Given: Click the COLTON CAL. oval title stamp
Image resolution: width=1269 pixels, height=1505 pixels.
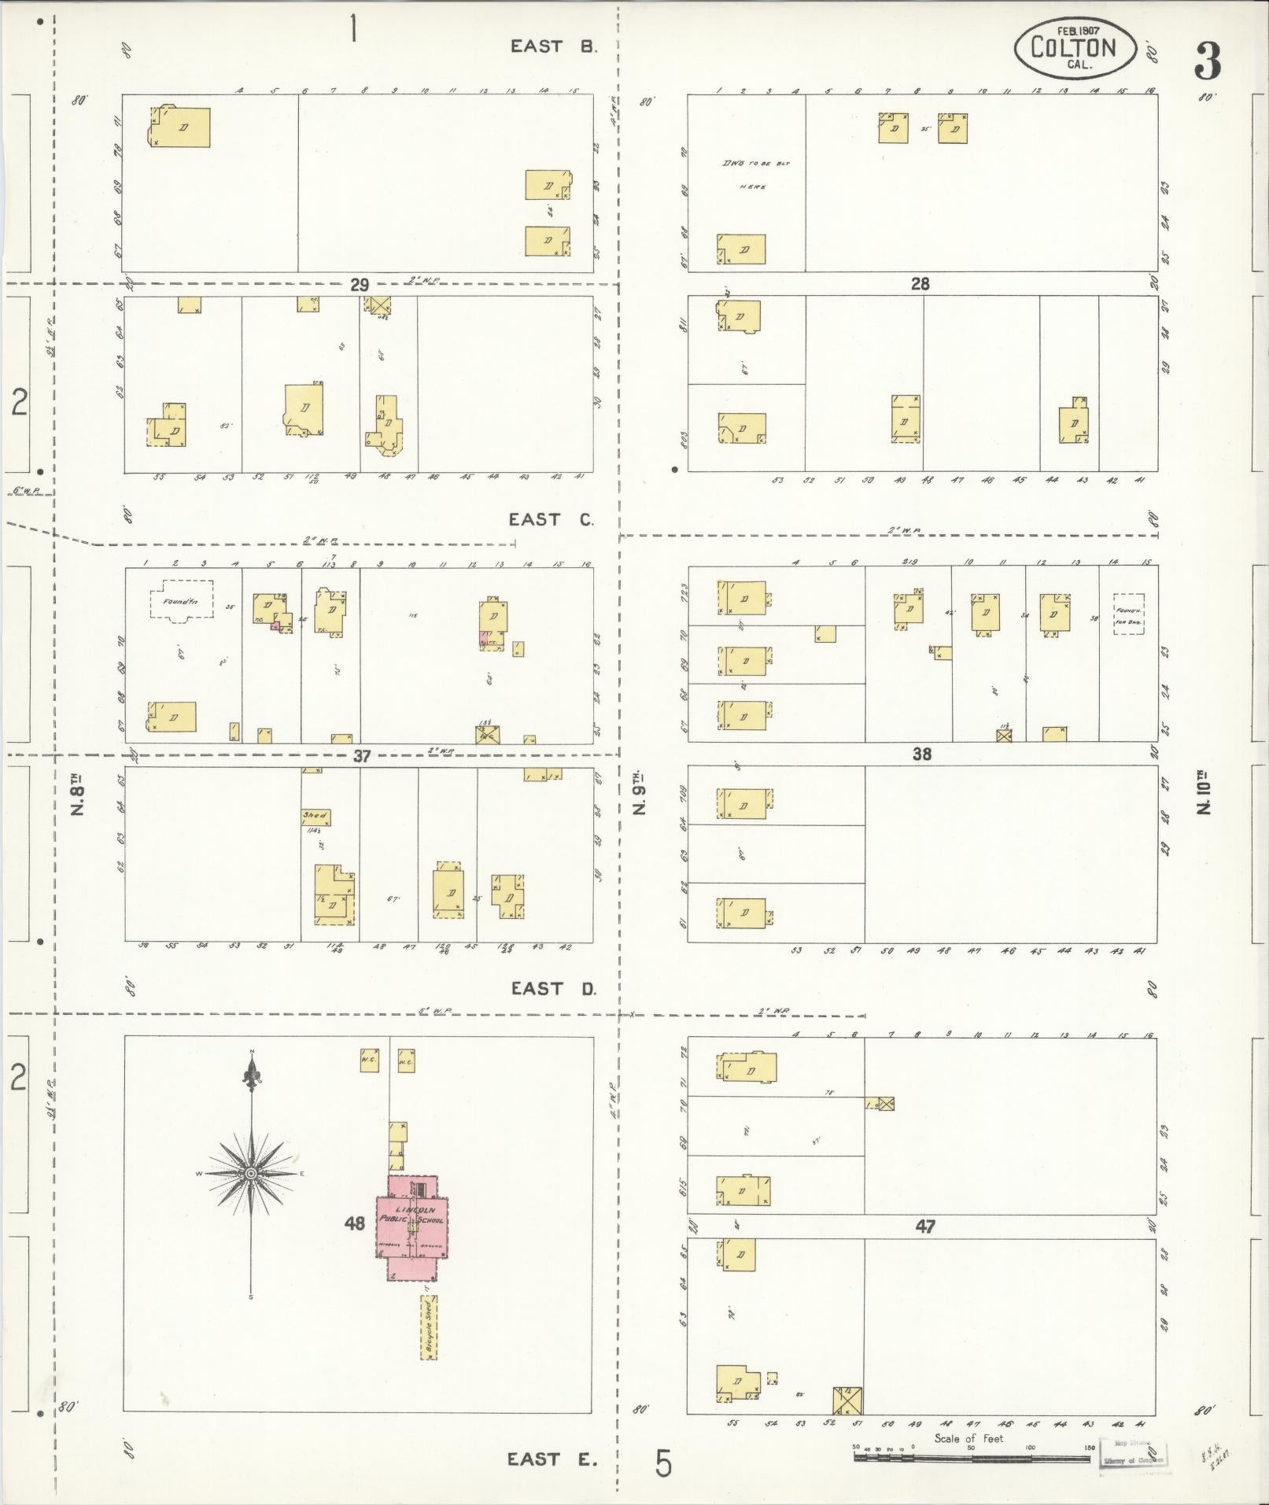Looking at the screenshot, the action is pyautogui.click(x=1075, y=48).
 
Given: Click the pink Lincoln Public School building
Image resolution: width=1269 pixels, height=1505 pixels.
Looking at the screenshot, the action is pyautogui.click(x=412, y=1228).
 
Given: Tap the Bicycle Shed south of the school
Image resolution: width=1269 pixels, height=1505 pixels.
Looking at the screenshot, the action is pyautogui.click(x=429, y=1327).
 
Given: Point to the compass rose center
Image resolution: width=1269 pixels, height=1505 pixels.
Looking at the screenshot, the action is pyautogui.click(x=251, y=1174).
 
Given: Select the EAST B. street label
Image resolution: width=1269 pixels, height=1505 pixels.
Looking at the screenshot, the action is pyautogui.click(x=553, y=46).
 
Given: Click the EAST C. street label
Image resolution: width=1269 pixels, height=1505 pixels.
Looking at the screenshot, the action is pyautogui.click(x=551, y=519).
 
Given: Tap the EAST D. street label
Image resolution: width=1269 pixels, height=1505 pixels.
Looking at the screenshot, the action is pyautogui.click(x=552, y=988).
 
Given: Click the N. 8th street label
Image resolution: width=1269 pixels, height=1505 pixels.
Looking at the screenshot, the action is pyautogui.click(x=77, y=795).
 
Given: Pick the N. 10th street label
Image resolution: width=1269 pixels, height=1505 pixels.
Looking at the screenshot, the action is pyautogui.click(x=1204, y=795).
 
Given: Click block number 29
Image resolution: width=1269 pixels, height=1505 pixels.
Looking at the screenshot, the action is pyautogui.click(x=360, y=284).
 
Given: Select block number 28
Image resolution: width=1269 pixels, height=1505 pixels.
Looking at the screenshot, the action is pyautogui.click(x=920, y=283).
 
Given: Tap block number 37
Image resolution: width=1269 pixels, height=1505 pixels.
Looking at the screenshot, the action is pyautogui.click(x=361, y=756).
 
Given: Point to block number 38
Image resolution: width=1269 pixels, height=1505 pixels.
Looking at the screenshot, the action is pyautogui.click(x=921, y=754).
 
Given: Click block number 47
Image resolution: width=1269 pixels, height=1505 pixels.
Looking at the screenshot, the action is pyautogui.click(x=925, y=1227).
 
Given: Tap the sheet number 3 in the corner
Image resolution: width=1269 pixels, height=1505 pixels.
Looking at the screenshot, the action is pyautogui.click(x=1207, y=61).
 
